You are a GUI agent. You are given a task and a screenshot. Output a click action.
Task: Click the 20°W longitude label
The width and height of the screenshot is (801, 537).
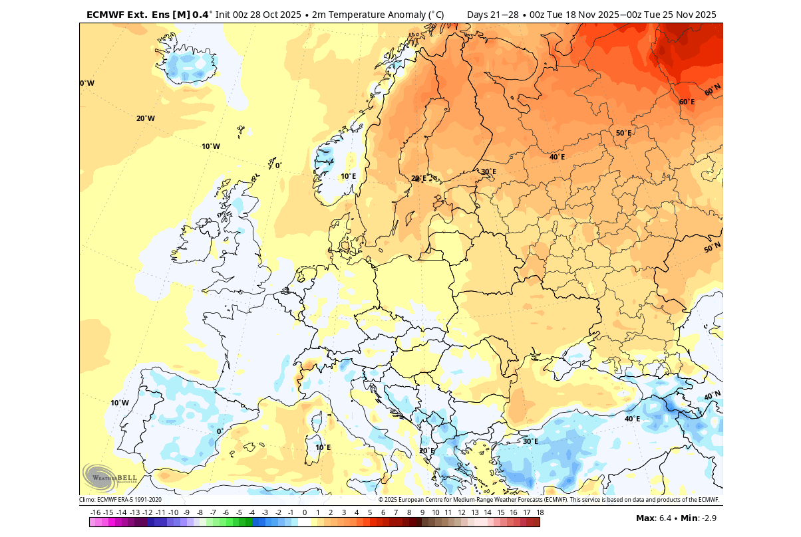(145, 118)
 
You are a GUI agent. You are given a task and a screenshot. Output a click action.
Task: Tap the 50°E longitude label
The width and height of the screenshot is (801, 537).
(623, 133)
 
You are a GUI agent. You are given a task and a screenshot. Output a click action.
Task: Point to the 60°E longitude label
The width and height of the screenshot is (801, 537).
(687, 102)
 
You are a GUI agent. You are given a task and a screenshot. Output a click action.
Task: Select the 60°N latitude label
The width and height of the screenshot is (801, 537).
(713, 90)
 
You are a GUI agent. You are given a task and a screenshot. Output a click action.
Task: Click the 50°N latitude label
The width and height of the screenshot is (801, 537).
(712, 248)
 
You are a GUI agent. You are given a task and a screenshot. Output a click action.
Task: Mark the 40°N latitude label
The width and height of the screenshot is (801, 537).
(712, 395)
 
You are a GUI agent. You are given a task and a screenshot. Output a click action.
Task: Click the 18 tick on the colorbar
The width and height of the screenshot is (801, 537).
(540, 512)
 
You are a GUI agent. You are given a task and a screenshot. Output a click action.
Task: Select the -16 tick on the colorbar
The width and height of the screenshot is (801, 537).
(95, 512)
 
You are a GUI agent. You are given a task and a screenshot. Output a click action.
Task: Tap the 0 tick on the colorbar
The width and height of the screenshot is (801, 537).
(305, 512)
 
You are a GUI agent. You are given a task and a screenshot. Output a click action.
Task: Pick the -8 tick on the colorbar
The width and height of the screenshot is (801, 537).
(200, 512)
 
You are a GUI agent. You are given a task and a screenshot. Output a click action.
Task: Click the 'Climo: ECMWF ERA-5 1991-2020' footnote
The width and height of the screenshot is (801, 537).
(120, 500)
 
